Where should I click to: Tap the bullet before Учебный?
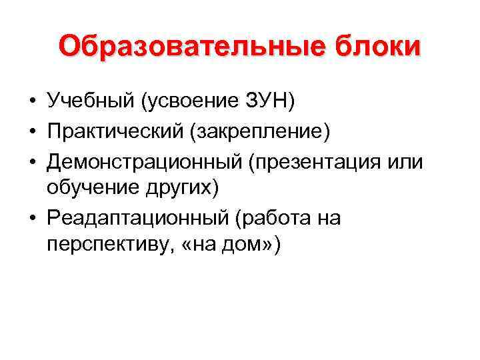click(x=31, y=101)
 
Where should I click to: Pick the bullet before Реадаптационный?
click(x=31, y=218)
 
